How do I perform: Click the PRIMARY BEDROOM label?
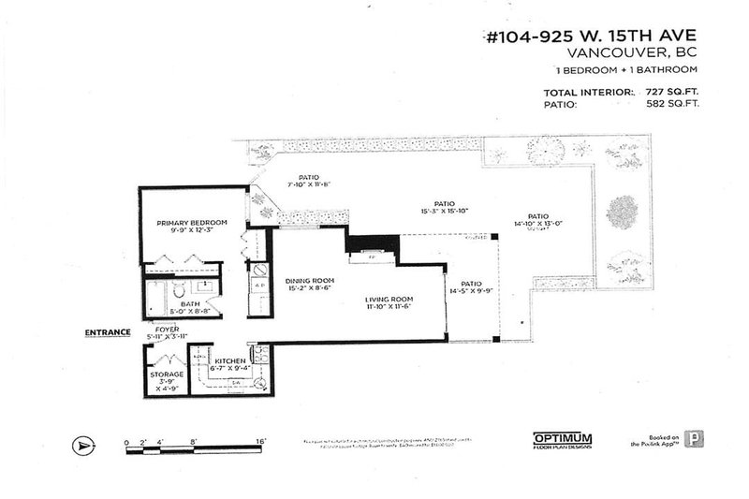click(192, 222)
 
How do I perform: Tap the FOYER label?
click(168, 330)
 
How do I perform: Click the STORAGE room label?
click(167, 374)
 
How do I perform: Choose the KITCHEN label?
click(229, 360)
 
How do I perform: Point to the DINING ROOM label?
click(309, 281)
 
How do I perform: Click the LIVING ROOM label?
click(389, 299)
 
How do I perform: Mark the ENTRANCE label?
click(106, 332)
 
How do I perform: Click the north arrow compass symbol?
click(85, 447)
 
